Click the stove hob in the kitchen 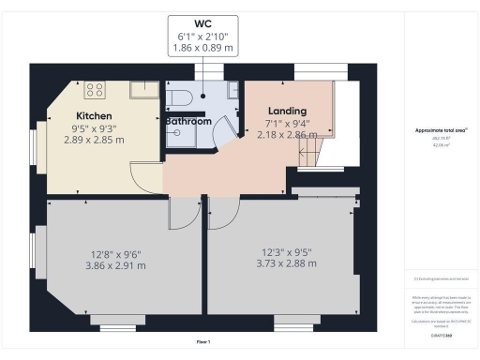coord(95,90)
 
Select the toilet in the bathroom coord(181,97)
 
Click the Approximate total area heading coord(441,130)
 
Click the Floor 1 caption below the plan coord(203,342)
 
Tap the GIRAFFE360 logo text coord(441,334)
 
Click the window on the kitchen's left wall coord(36,145)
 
